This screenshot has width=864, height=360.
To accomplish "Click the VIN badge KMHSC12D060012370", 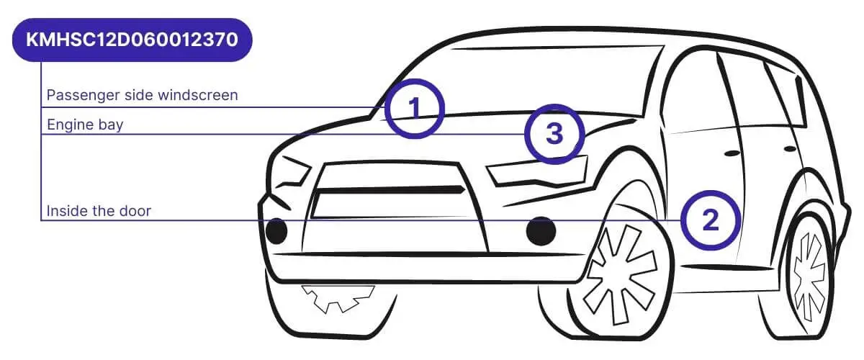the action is pyautogui.click(x=132, y=40).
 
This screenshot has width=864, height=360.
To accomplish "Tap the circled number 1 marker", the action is pyautogui.click(x=414, y=108).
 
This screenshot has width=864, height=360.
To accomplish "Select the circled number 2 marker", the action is pyautogui.click(x=711, y=220).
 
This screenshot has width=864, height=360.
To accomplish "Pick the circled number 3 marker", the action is pyautogui.click(x=553, y=134).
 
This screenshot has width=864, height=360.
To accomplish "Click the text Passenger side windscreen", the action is pyautogui.click(x=142, y=95).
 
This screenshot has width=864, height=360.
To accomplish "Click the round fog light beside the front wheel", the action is pyautogui.click(x=541, y=230).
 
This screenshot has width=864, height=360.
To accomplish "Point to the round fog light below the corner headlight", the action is pyautogui.click(x=276, y=230).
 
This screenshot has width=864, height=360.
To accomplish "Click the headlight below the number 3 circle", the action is pyautogui.click(x=536, y=173).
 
